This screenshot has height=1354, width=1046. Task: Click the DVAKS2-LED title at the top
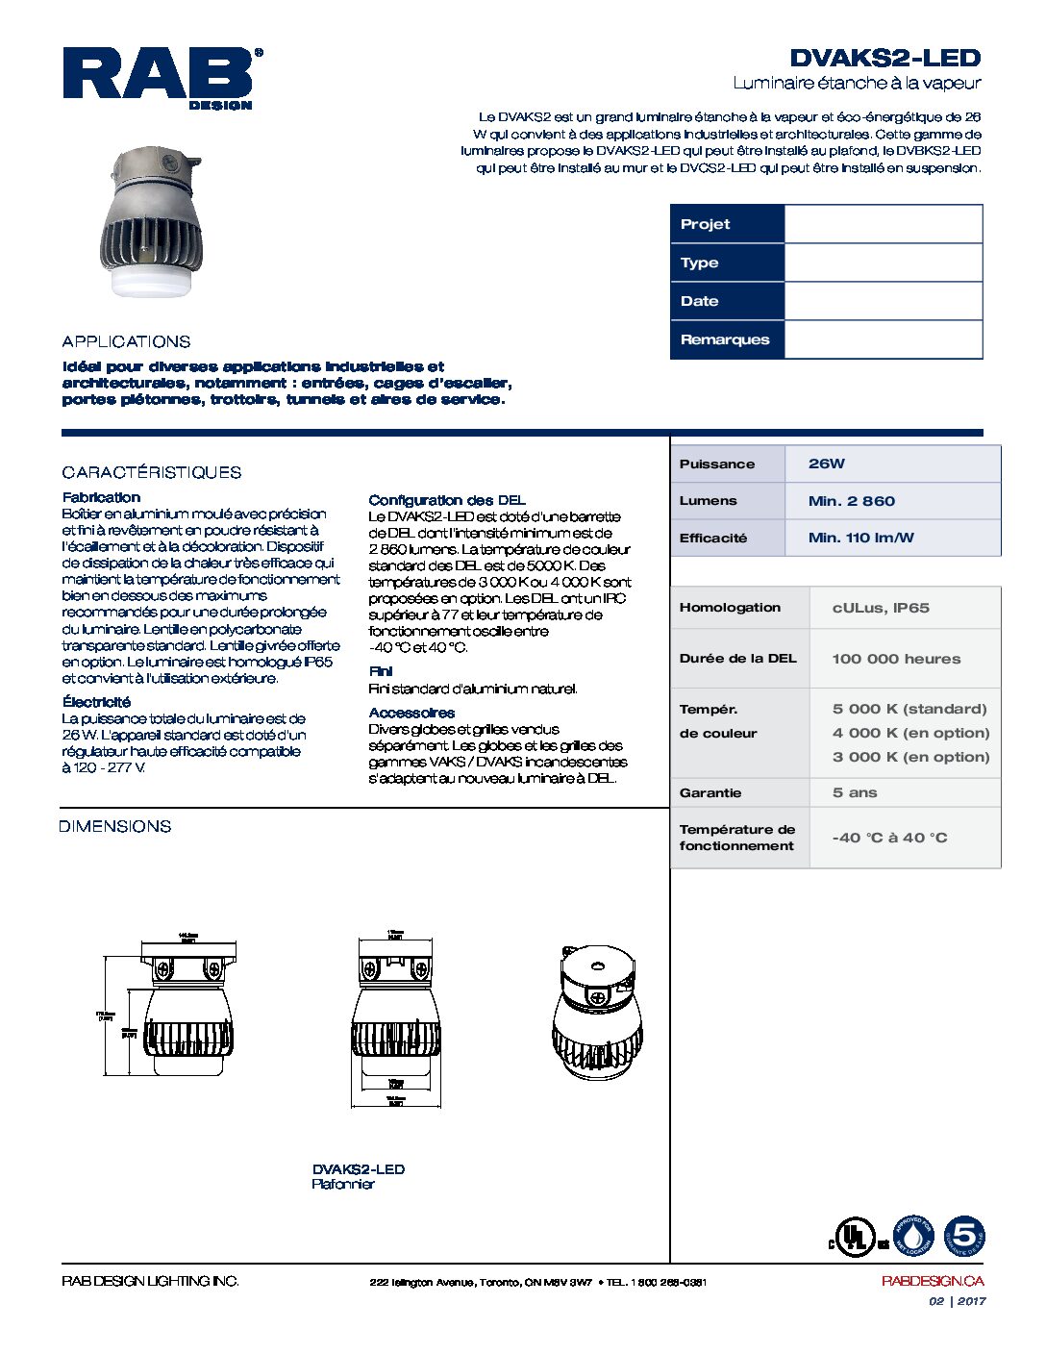[x=884, y=58]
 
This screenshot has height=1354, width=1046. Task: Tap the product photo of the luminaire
[x=151, y=222]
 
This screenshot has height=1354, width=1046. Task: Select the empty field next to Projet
[x=883, y=224]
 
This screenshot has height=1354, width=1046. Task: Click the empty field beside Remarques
[x=883, y=339]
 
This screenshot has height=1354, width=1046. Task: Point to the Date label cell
[x=727, y=301]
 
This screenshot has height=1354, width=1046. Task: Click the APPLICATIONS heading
[x=126, y=341]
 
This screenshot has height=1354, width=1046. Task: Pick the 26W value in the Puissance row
[x=827, y=464]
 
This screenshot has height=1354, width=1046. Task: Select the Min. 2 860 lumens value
[x=851, y=501]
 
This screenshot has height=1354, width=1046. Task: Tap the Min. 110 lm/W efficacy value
[x=860, y=538]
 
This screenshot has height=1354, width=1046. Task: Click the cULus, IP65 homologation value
[x=881, y=608]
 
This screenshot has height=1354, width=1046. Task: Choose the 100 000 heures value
[x=896, y=659]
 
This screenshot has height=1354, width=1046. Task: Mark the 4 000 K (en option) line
[x=910, y=733]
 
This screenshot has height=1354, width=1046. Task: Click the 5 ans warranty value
[x=855, y=792]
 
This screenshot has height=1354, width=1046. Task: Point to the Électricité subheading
[x=96, y=702]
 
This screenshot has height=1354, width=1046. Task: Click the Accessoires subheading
[x=411, y=713]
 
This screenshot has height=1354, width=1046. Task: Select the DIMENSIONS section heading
[x=114, y=826]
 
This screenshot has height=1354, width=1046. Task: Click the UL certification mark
[x=854, y=1237]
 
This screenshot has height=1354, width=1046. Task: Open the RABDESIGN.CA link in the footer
[x=932, y=1281]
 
